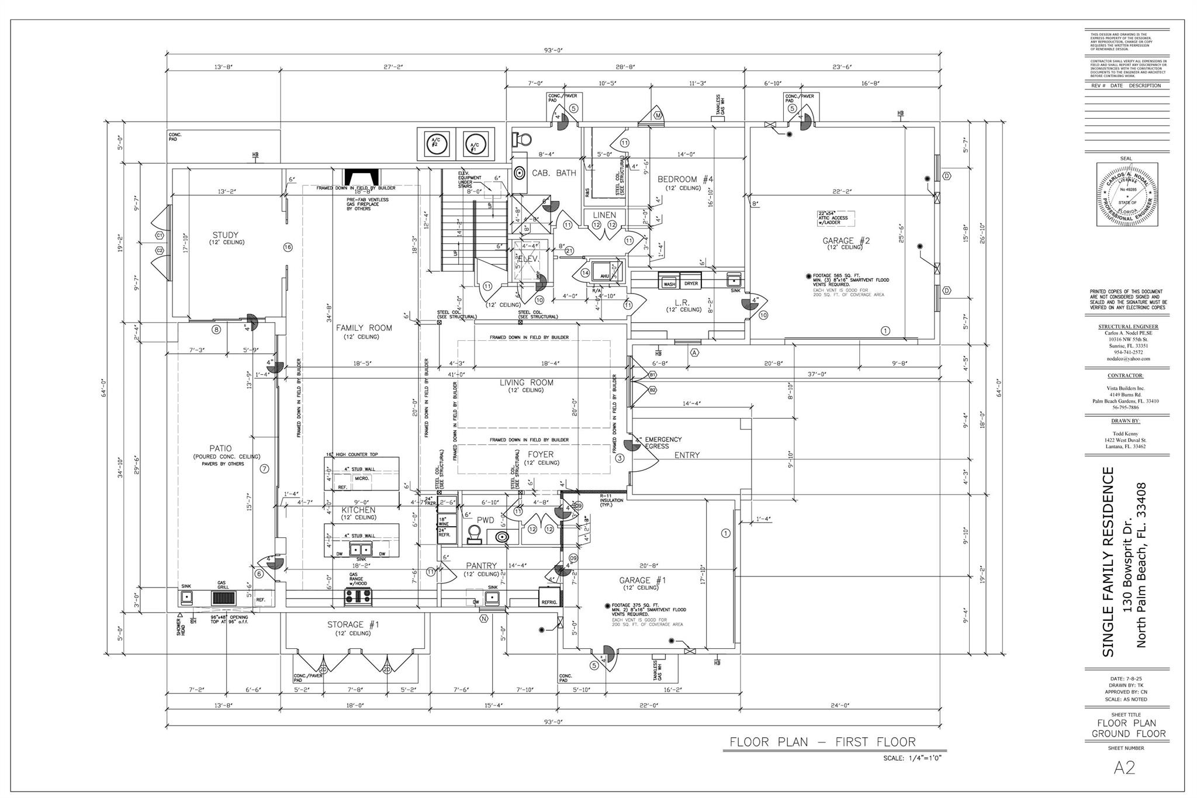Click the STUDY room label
point(225,235)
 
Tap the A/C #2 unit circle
point(435,143)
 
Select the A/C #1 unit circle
point(474,143)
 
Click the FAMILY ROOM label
point(364,328)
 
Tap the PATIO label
point(221,448)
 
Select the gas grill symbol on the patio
point(223,597)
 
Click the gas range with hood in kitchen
point(358,596)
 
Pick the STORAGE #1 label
point(352,625)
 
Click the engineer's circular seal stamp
point(1126,195)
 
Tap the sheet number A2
point(1125,784)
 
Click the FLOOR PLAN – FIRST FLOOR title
point(822,742)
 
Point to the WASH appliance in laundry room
point(669,284)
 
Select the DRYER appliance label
point(691,284)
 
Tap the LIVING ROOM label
point(526,383)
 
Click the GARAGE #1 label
point(642,581)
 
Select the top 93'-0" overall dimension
point(552,50)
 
